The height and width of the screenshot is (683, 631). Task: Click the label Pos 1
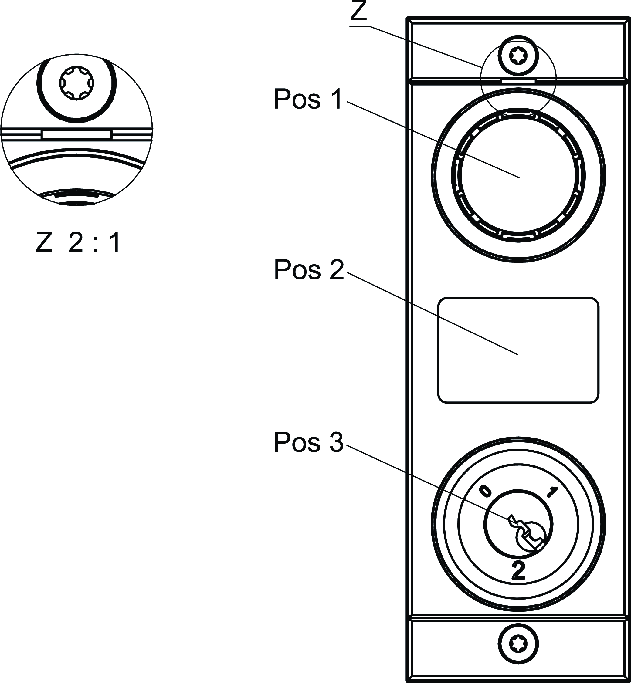click(x=307, y=99)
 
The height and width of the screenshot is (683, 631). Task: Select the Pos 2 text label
click(x=309, y=270)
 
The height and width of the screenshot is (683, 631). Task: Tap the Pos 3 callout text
click(x=308, y=443)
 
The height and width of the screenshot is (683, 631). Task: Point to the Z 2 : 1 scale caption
click(x=78, y=243)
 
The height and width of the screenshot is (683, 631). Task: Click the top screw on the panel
click(x=518, y=55)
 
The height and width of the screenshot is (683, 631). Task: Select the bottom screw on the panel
click(x=518, y=644)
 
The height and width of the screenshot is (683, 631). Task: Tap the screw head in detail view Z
click(x=76, y=83)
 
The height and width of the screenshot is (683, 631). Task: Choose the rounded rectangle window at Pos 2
click(x=518, y=350)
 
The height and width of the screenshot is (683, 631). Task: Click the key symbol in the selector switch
click(x=528, y=534)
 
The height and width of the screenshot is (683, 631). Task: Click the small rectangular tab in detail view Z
click(x=76, y=134)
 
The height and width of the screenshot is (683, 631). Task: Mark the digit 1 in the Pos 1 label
click(x=336, y=99)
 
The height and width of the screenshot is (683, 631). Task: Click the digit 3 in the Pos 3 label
click(x=336, y=443)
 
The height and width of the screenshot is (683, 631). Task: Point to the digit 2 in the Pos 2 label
click(x=337, y=270)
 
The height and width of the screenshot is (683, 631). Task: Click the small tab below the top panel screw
click(x=518, y=81)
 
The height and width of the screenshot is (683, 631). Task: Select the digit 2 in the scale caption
click(x=76, y=243)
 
